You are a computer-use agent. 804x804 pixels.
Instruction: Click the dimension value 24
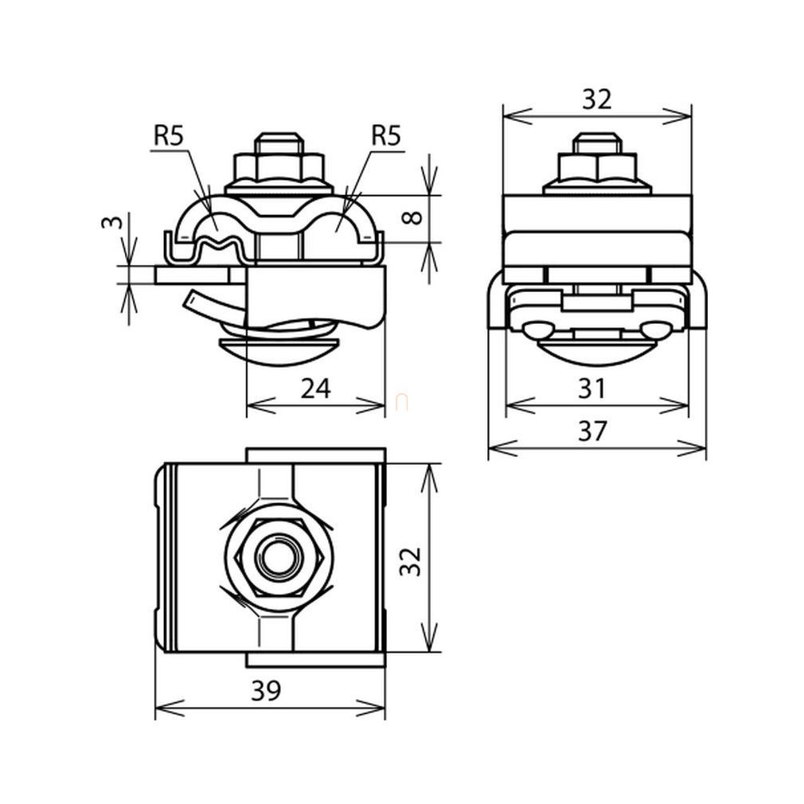coord(315,388)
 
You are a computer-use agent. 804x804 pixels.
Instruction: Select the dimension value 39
coord(266,691)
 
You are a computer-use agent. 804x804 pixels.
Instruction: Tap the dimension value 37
coord(592,431)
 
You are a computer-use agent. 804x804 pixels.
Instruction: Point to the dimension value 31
coord(592,388)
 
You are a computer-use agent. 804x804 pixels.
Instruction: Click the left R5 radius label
coord(169,136)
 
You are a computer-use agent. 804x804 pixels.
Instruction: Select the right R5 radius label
coord(386,136)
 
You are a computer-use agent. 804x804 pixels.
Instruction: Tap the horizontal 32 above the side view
coord(597,100)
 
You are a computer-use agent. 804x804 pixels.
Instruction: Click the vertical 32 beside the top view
coord(412,561)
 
